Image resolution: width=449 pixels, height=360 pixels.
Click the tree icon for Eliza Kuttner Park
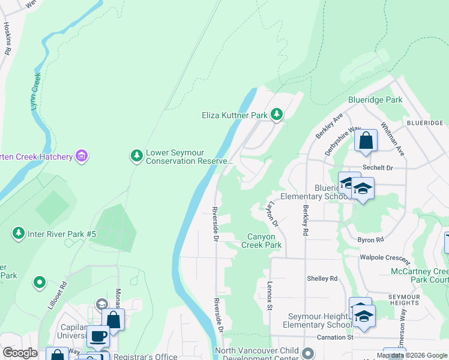[276, 114]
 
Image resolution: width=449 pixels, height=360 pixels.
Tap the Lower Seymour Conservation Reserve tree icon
[137, 156]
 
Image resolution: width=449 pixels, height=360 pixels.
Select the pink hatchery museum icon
[82, 157]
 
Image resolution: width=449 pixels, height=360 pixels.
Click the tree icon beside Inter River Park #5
[19, 233]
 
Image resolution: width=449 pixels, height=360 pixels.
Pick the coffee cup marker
[98, 336]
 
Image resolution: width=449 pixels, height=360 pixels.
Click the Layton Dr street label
[273, 215]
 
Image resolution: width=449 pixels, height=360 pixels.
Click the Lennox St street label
[271, 295]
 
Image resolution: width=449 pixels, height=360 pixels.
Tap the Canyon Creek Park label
[262, 241]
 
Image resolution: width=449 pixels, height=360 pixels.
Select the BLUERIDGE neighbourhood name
[424, 122]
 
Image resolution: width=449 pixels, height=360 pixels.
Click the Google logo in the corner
[20, 353]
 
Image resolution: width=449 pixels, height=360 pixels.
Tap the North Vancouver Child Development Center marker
[308, 352]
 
